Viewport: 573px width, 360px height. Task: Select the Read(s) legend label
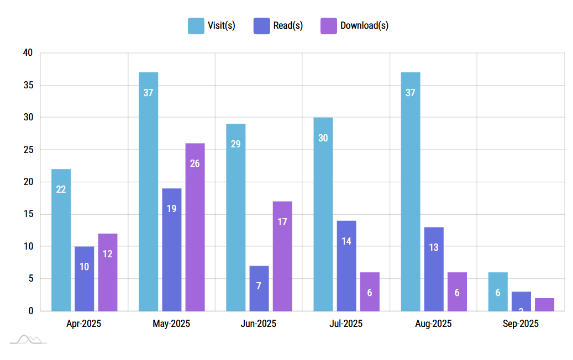(288, 25)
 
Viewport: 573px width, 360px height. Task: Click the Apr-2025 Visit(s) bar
(61, 240)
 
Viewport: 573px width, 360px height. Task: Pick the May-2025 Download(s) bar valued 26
(195, 227)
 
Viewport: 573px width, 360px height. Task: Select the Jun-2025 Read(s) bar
(259, 288)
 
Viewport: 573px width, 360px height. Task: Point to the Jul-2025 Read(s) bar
(346, 266)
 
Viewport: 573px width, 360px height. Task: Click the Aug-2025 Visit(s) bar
(411, 191)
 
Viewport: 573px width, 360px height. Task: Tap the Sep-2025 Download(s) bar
(544, 305)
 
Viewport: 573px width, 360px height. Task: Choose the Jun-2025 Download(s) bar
(282, 256)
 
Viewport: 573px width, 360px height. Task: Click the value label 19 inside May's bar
(171, 209)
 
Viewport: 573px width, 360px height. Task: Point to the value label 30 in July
(323, 138)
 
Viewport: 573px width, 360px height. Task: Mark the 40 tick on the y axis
(28, 53)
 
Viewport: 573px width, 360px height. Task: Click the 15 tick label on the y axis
(28, 214)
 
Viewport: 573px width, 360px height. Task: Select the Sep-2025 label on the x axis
(521, 324)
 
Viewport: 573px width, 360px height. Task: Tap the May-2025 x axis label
(171, 324)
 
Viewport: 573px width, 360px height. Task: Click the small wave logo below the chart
(28, 339)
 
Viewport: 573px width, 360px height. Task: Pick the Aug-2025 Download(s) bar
(457, 292)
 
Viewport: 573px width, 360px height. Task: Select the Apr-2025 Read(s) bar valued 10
(85, 278)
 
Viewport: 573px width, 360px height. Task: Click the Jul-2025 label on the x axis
(346, 324)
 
